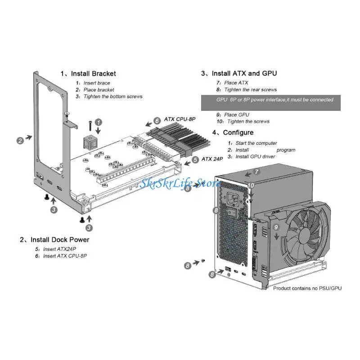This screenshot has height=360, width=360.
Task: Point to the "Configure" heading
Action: point(238,132)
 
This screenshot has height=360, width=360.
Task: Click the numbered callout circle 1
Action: point(99,121)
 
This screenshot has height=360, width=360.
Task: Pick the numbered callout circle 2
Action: point(20,140)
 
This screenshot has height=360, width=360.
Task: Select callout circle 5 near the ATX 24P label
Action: point(194,159)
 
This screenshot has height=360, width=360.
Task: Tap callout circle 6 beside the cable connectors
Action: point(157,121)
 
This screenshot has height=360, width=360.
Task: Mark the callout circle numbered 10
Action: point(251,185)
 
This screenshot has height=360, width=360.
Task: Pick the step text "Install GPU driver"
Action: point(256,156)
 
